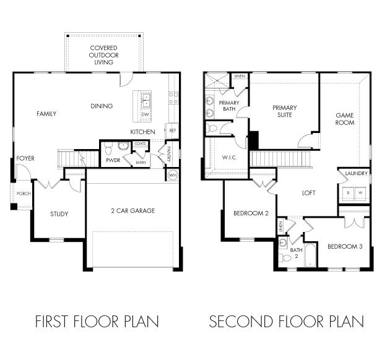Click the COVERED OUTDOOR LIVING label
pyautogui.click(x=104, y=54)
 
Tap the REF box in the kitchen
pyautogui.click(x=173, y=131)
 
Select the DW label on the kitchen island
pyautogui.click(x=145, y=114)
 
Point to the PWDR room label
pyautogui.click(x=113, y=160)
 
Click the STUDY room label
pyautogui.click(x=59, y=214)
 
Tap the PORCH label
pyautogui.click(x=24, y=194)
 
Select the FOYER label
pyautogui.click(x=25, y=158)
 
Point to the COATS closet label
pyautogui.click(x=140, y=144)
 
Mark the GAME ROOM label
pyautogui.click(x=345, y=119)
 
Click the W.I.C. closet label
pyautogui.click(x=228, y=158)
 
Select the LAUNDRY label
pyautogui.click(x=357, y=174)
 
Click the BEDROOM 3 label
pyautogui.click(x=345, y=246)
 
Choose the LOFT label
pyautogui.click(x=308, y=193)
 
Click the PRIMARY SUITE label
pyautogui.click(x=285, y=111)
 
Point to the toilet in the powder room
pyautogui.click(x=108, y=148)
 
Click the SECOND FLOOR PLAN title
pyautogui.click(x=286, y=322)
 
